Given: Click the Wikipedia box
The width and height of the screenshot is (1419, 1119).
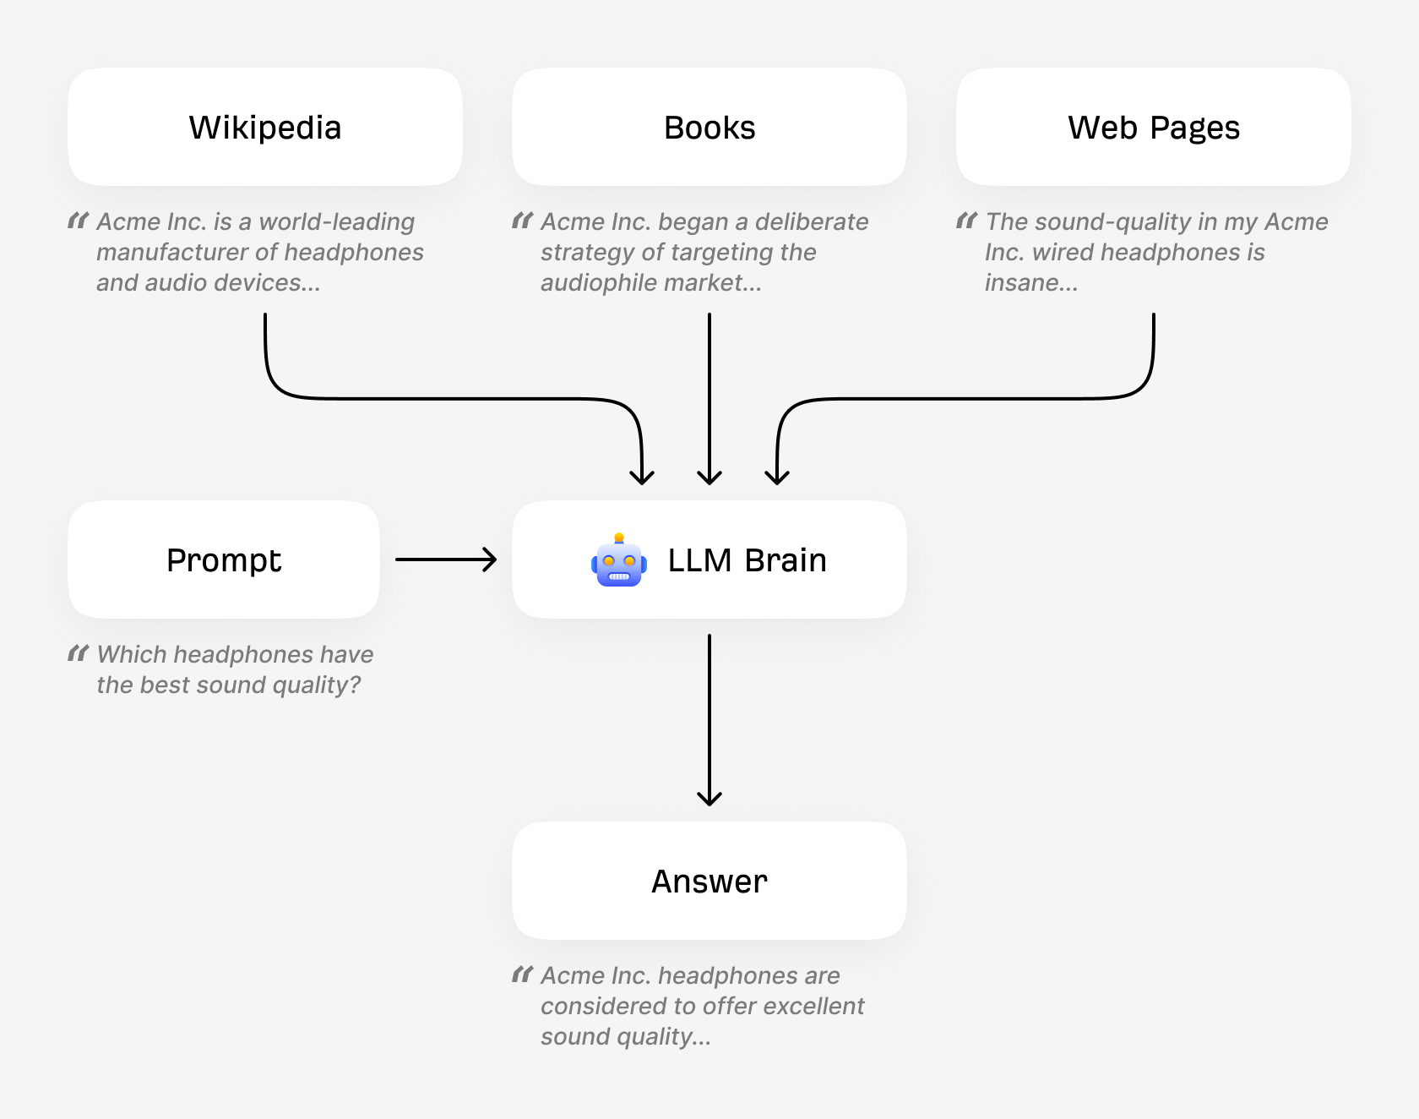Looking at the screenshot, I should point(264,128).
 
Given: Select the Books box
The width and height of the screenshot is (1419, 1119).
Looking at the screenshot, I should point(709,128).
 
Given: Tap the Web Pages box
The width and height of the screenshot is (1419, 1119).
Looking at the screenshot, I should point(1153,128).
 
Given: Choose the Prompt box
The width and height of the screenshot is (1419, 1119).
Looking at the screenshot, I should point(223,560).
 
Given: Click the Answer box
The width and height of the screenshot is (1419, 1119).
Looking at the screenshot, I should point(709,882).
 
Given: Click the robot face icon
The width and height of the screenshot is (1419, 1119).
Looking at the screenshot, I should point(619,561).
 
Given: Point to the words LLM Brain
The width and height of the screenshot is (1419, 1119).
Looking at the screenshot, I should point(747,560).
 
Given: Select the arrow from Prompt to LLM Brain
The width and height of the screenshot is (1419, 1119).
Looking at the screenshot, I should point(446,559).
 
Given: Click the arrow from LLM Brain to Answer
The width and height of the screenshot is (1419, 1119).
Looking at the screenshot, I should point(709,718).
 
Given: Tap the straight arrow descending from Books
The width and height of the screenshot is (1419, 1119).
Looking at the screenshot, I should point(709,397).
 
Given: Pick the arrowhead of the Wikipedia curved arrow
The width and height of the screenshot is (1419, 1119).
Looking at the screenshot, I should point(642,477).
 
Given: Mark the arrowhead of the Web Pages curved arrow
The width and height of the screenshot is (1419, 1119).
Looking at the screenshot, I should point(777,477).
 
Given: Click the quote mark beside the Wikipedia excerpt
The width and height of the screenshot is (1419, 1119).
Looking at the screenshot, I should point(78,221).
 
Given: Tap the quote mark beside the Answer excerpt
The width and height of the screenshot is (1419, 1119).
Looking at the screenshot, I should point(522,975).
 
